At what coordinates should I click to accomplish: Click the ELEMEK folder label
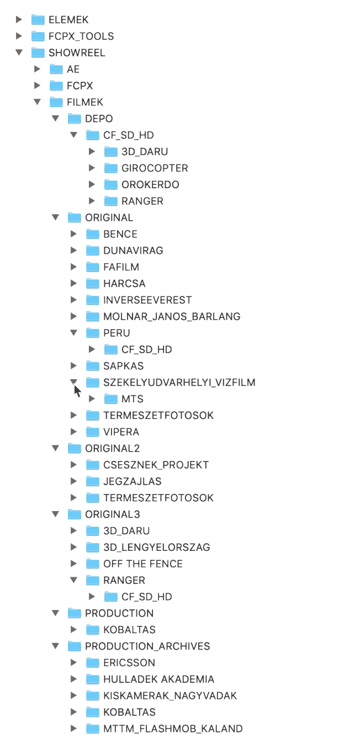(x=68, y=20)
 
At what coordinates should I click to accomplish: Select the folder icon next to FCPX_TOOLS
(x=38, y=36)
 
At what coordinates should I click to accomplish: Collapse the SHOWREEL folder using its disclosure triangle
(x=19, y=53)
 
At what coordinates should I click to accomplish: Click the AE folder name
(x=73, y=70)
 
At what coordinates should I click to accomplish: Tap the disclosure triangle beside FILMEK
(x=38, y=102)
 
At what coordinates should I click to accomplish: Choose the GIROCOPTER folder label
(x=155, y=168)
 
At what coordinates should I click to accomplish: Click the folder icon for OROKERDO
(x=111, y=184)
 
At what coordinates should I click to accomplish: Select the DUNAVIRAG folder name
(x=133, y=251)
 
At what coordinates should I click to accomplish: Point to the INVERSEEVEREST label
(x=147, y=300)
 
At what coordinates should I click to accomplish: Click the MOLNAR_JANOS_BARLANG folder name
(x=172, y=317)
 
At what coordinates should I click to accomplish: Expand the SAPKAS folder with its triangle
(x=74, y=366)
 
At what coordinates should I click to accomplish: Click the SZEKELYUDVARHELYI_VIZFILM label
(x=179, y=383)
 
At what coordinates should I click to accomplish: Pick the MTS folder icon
(x=111, y=399)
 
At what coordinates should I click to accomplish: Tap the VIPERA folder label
(x=121, y=432)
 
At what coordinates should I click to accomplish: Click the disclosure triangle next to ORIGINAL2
(x=56, y=448)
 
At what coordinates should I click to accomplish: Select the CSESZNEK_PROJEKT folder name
(x=156, y=465)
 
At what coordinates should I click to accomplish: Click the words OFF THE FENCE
(x=142, y=564)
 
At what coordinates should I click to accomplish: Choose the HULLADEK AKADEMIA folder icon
(x=93, y=679)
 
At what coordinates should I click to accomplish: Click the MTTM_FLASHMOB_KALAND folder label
(x=173, y=729)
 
